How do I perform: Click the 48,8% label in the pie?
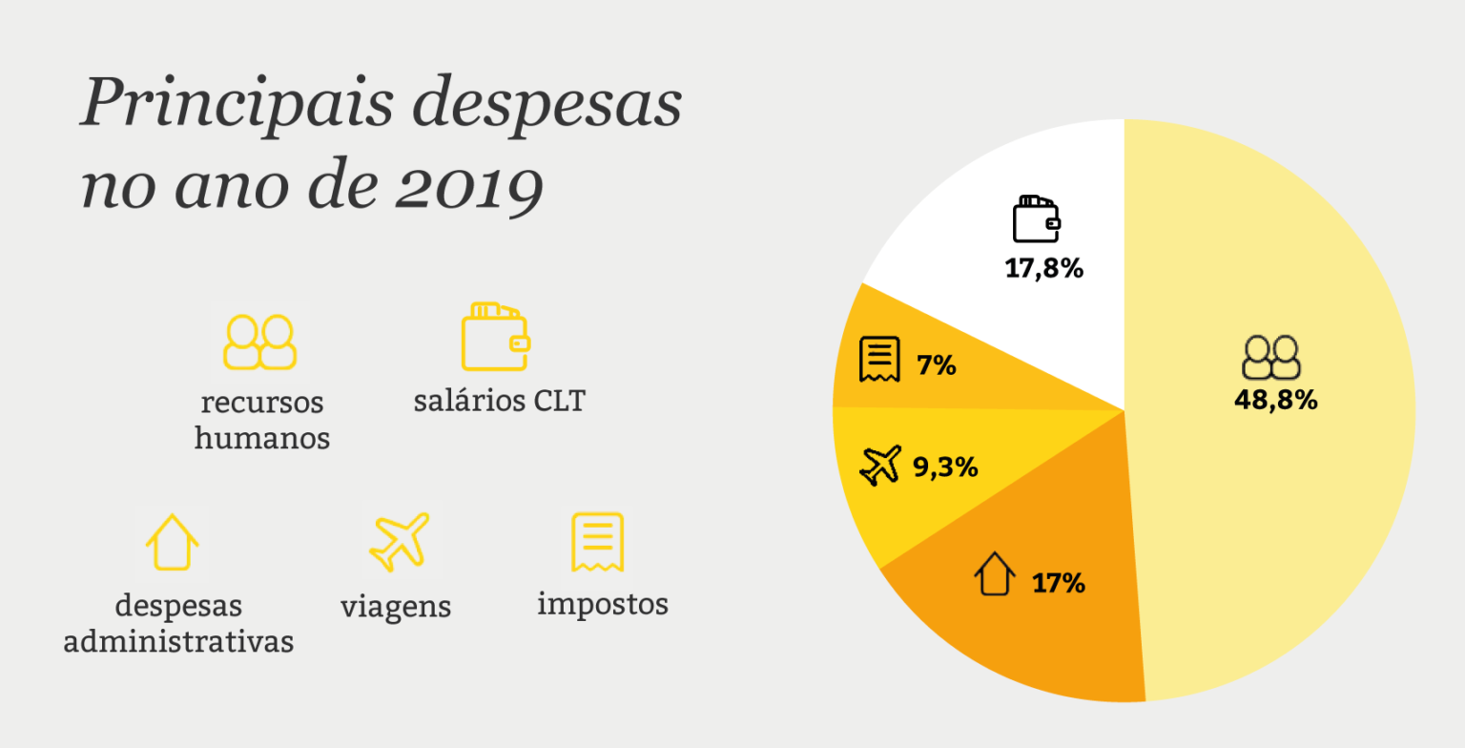coord(1275,400)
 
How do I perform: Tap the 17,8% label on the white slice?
coord(1043,268)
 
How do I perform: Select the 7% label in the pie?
coord(937,364)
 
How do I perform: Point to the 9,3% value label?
coord(945,467)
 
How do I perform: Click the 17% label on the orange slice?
coord(1058,583)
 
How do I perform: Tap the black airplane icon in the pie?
coord(880,466)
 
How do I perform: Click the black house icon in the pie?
coord(994,575)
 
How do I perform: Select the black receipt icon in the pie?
coord(878,359)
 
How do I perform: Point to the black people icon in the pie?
coord(1271,358)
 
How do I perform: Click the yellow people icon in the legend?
coord(258,342)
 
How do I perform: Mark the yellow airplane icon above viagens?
coord(399,541)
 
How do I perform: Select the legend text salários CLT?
coord(499,401)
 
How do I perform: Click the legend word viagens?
coord(395,607)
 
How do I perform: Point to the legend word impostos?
coord(603,604)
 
